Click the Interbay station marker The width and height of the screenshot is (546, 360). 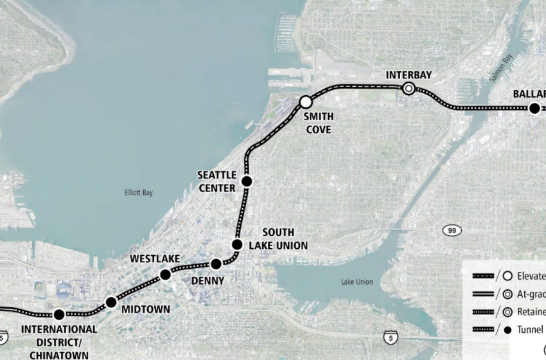coord(409,89)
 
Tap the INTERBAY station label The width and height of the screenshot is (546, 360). coord(409,75)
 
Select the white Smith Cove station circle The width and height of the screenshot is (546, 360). coord(306,102)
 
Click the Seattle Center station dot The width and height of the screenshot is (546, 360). coord(247,182)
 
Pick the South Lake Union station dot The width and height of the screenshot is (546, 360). coord(237,244)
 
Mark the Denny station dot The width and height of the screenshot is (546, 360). coord(216,264)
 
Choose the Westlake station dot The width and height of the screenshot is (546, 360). coord(165,274)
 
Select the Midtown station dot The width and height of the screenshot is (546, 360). coord(111,301)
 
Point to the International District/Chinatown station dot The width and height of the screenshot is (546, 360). coord(59,314)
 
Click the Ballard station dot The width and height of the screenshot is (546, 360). coord(534,108)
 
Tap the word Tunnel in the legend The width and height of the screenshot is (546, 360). coord(533,330)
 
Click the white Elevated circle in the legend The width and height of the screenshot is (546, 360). coord(507,276)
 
